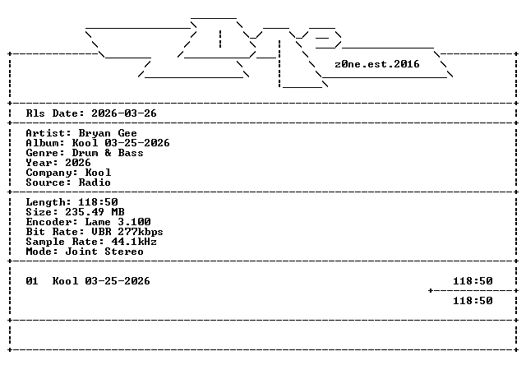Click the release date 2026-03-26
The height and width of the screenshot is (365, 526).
[124, 113]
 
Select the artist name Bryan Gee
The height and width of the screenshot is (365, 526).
[108, 133]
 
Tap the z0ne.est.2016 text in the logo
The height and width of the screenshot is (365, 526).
[377, 64]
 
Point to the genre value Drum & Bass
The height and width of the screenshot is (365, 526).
[108, 153]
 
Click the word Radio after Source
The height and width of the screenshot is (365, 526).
[95, 182]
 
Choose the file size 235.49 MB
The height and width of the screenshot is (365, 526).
[95, 212]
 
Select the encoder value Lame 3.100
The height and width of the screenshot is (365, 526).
[118, 222]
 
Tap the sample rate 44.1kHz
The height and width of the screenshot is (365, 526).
[134, 242]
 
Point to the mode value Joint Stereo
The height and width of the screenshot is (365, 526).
[104, 252]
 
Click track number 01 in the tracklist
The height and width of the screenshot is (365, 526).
[32, 281]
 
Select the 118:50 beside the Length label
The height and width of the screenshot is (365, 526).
[98, 202]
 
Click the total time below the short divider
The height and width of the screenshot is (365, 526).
[473, 301]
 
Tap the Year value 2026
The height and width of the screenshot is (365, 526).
[78, 163]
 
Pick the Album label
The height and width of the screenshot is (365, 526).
[45, 143]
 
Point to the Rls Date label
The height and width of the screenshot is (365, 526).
[55, 113]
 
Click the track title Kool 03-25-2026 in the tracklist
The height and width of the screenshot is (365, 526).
[101, 281]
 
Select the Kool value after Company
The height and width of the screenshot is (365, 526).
[98, 173]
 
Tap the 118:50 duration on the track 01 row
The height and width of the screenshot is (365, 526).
[473, 281]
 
